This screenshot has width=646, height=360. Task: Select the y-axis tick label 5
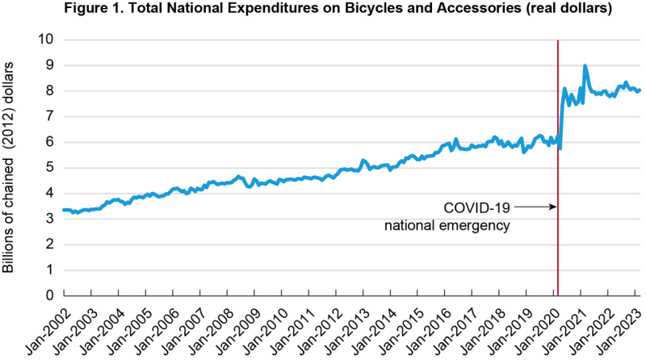49,167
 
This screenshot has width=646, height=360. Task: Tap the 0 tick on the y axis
49,295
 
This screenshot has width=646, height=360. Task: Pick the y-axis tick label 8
49,90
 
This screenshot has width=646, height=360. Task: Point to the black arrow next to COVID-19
535,207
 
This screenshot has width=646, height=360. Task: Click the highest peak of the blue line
585,66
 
